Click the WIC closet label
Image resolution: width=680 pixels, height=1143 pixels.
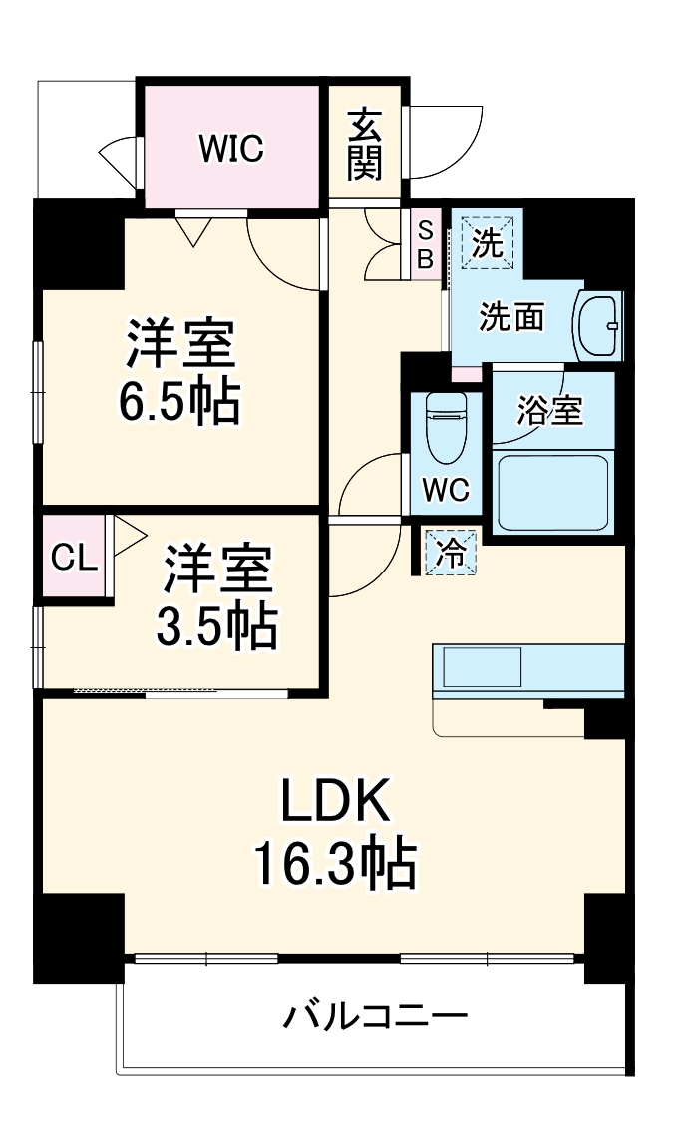[230, 148]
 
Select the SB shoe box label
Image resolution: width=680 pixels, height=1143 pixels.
[425, 244]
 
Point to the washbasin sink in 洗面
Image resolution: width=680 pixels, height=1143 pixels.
[598, 324]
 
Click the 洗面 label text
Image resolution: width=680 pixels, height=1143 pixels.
[511, 317]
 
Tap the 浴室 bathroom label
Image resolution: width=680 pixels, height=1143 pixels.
[549, 410]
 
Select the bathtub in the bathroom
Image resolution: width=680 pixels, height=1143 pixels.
[551, 493]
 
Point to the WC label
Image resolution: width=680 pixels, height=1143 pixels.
[445, 491]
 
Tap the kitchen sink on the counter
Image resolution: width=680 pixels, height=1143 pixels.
[483, 666]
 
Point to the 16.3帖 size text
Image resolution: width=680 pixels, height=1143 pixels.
[333, 864]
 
